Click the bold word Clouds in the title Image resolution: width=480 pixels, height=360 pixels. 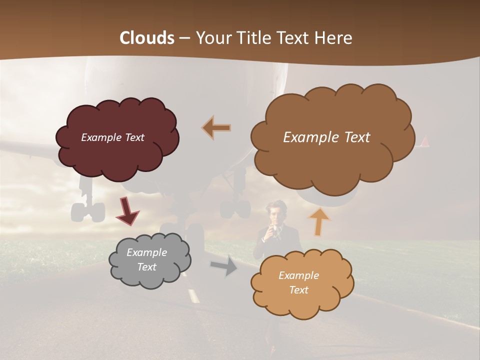coord(146,38)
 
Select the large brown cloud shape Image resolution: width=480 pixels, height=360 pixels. coord(332,160)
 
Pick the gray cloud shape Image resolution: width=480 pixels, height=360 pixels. coord(150,277)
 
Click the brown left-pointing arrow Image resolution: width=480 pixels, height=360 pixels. coord(216,128)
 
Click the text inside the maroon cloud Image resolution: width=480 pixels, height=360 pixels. coord(112,137)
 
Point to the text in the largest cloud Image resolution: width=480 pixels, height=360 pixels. coord(326,137)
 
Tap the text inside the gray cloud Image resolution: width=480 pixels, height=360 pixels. coord(146,259)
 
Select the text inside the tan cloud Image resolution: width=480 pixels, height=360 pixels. coord(298,282)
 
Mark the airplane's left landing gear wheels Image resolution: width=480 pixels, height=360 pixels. coord(88,211)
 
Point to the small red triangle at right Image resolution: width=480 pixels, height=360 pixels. coord(425,141)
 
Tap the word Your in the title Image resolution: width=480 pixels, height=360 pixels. coord(210,38)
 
